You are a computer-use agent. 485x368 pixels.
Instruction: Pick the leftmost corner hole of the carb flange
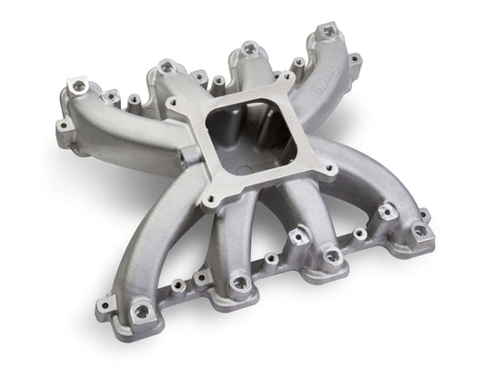click(173, 106)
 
